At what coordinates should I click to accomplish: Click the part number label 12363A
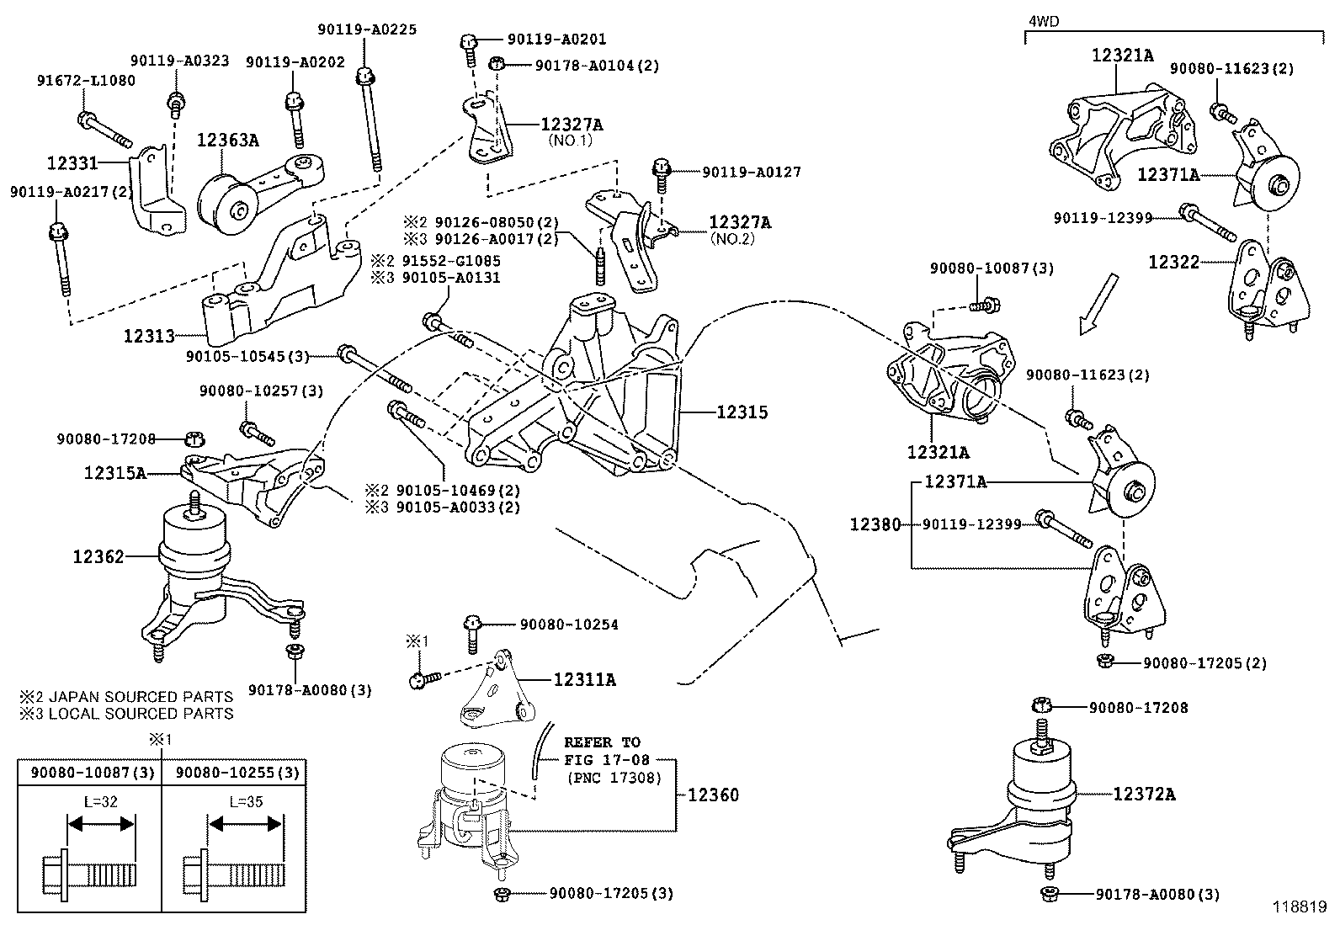[x=227, y=140]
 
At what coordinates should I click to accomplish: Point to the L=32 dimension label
[x=101, y=801]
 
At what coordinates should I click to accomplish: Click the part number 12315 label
[x=742, y=412]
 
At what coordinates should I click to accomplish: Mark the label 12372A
[x=1144, y=793]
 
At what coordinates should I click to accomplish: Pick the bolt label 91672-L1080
[x=86, y=81]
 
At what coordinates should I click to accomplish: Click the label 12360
[x=713, y=795]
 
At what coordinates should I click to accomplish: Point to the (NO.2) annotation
[x=731, y=238]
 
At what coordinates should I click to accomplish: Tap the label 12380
[x=875, y=524]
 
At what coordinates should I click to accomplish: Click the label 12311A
[x=584, y=679]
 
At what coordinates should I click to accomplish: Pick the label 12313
[x=149, y=336]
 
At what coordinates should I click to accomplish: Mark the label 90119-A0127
[x=752, y=172]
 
